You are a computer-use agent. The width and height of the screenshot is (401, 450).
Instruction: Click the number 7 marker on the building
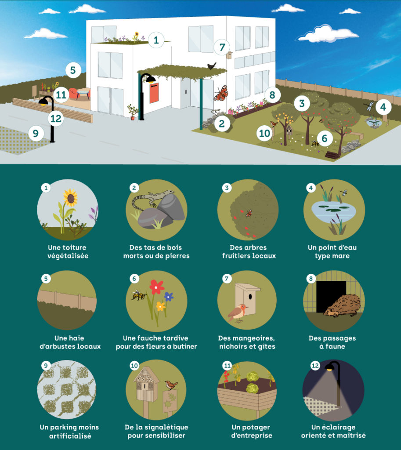click(222, 47)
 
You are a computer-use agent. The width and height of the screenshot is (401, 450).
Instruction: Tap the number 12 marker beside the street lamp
click(56, 118)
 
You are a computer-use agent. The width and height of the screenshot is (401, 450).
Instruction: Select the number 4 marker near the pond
click(383, 107)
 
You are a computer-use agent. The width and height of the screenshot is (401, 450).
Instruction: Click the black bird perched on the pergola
click(212, 66)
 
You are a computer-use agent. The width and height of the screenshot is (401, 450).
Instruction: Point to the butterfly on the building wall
click(221, 93)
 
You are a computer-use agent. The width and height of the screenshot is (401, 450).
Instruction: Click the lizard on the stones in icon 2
click(152, 198)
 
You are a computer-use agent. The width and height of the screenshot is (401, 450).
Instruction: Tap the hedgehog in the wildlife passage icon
click(342, 306)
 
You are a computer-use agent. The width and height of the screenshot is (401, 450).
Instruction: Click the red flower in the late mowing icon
click(157, 287)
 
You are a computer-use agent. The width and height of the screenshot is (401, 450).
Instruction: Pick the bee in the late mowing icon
click(139, 295)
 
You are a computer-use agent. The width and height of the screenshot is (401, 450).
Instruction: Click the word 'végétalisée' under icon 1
click(68, 256)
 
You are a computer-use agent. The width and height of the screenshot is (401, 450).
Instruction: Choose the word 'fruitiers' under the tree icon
click(236, 256)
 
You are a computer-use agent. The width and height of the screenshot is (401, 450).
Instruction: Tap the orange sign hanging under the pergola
click(154, 92)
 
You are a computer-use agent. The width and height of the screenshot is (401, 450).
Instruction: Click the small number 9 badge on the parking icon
click(46, 365)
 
